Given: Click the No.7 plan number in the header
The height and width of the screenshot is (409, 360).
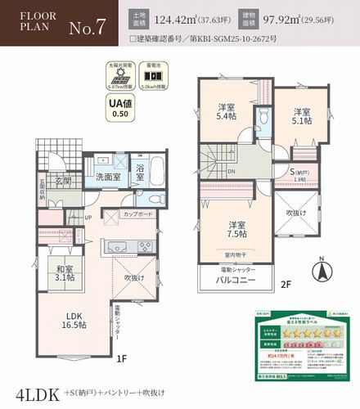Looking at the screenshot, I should click(x=87, y=27).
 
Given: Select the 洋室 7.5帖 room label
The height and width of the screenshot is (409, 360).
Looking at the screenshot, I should click(x=237, y=230).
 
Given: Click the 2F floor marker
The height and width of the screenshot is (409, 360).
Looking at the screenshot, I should click(x=286, y=285).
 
